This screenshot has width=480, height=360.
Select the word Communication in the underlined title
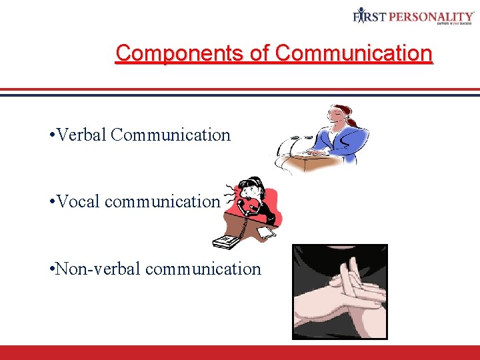[x=354, y=53]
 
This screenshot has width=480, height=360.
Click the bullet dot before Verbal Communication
[x=52, y=136]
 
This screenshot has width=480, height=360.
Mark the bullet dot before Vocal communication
[x=52, y=202]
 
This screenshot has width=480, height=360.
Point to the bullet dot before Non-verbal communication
[x=52, y=269]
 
